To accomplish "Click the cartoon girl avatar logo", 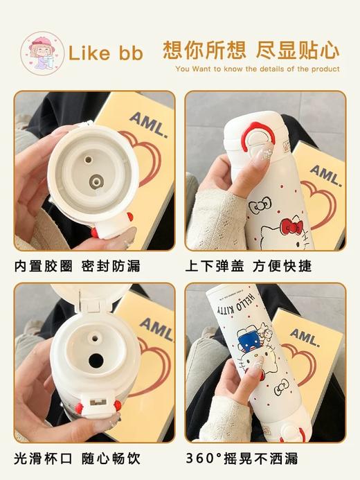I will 42,53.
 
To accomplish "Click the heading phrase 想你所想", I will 204,50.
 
